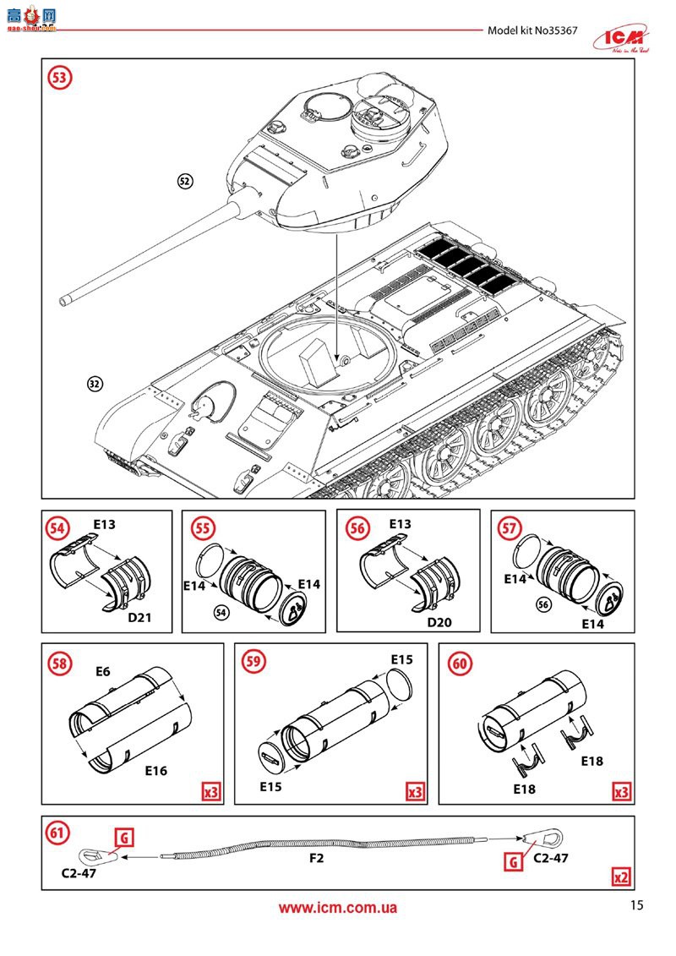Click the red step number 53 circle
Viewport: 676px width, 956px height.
pos(59,78)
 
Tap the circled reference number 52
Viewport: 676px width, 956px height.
pos(185,180)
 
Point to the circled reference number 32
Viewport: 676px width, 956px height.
pos(95,383)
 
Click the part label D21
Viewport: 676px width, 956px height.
pos(139,618)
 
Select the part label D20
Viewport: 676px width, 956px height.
pos(439,623)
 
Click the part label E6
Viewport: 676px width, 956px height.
pos(103,672)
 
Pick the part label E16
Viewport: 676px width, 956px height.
pos(155,770)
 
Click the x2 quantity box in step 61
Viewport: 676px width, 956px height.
pos(621,877)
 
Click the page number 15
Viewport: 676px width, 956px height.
pos(636,905)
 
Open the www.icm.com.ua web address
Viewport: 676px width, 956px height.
pos(338,909)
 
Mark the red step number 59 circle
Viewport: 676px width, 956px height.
pos(253,663)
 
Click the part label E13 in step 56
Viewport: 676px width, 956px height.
pos(400,525)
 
